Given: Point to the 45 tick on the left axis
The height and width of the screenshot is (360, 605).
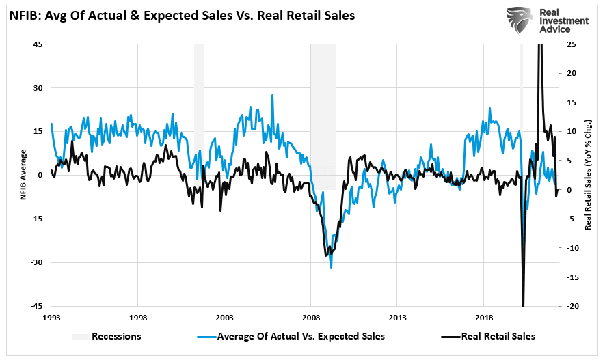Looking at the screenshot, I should click(x=38, y=45).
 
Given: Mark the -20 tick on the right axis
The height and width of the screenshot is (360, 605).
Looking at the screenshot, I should click(x=571, y=306).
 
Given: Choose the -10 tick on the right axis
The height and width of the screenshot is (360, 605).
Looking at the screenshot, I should click(x=571, y=248).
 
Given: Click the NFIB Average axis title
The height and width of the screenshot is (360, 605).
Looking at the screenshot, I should click(x=23, y=175).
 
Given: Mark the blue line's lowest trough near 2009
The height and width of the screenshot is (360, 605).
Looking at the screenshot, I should click(x=332, y=268).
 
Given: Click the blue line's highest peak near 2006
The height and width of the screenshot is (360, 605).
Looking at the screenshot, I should click(x=272, y=95).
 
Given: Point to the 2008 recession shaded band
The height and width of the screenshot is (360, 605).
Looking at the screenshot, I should click(x=323, y=116).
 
